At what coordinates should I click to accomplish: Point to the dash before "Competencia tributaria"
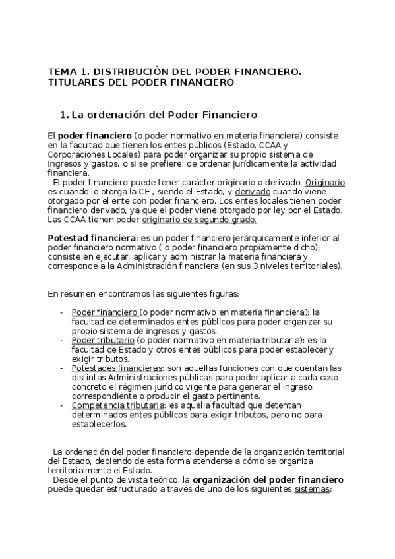[x=61, y=405]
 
